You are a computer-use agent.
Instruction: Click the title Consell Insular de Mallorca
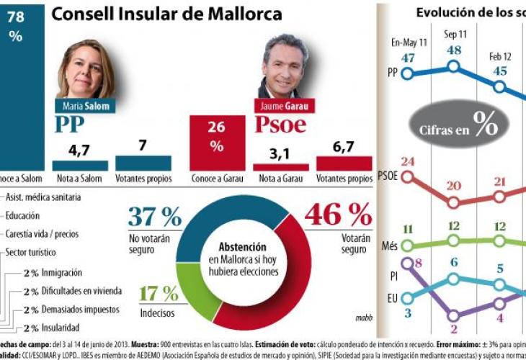point(166,14)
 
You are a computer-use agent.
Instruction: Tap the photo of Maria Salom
point(86,70)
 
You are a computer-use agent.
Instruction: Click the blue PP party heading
point(75,125)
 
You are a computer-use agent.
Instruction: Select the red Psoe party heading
point(281,125)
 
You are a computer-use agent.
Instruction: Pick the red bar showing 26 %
point(216,142)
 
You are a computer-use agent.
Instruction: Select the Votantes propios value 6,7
point(344,147)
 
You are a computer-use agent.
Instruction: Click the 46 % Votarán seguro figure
point(338,215)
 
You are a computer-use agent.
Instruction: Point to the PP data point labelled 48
point(454,66)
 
